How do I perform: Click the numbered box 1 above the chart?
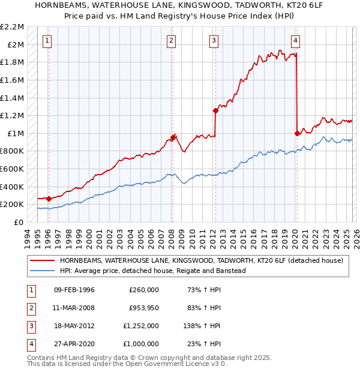click(47, 41)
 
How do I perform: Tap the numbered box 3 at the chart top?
click(214, 41)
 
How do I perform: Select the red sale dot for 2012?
click(215, 110)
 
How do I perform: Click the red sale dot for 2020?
click(297, 133)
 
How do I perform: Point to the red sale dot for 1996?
click(48, 199)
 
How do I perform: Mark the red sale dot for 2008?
click(173, 137)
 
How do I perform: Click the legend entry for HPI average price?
click(153, 271)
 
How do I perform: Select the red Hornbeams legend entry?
click(201, 261)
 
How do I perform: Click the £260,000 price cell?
click(144, 290)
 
